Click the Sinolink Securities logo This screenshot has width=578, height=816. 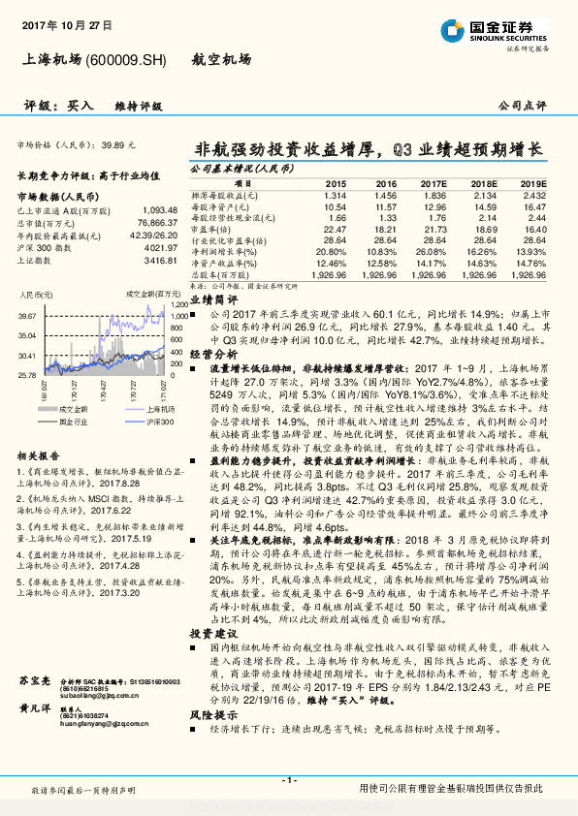click(495, 31)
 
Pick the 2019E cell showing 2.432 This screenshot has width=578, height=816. click(533, 195)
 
